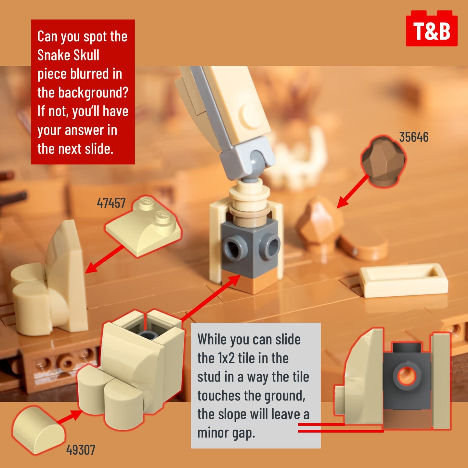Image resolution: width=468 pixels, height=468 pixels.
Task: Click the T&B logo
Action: click(432, 29)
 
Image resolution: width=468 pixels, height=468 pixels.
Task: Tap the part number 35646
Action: click(414, 137)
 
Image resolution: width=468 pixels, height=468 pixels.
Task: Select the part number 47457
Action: click(111, 203)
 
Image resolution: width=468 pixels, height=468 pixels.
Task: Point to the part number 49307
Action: click(81, 450)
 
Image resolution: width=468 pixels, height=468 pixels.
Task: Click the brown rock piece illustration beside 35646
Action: click(383, 162)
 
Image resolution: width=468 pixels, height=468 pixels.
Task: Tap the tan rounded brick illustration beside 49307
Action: click(39, 431)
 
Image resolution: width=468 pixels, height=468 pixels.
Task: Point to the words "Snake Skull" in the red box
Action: click(68, 55)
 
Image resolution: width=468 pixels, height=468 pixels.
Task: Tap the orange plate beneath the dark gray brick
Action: click(251, 283)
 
